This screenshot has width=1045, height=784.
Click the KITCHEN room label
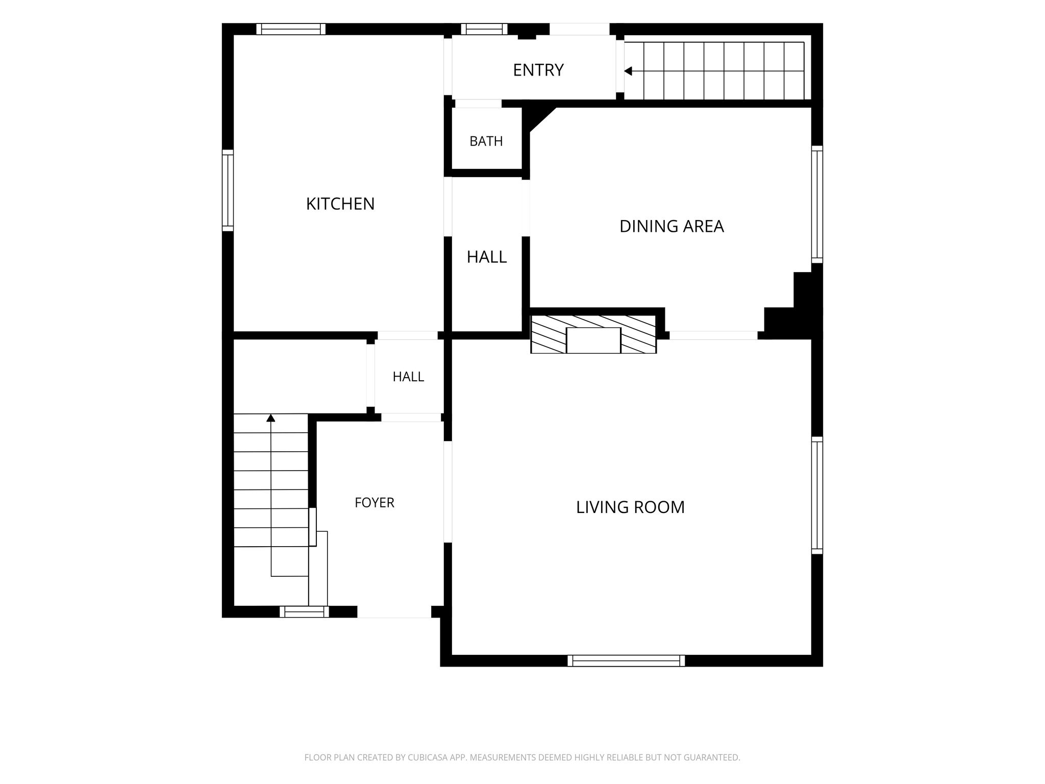click(340, 204)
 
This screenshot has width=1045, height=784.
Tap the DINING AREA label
click(671, 226)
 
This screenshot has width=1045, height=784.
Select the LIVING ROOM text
click(630, 507)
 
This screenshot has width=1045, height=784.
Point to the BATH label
click(486, 141)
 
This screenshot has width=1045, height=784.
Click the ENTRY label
click(538, 70)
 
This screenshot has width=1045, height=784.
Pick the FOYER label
click(375, 503)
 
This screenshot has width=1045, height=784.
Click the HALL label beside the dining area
click(487, 257)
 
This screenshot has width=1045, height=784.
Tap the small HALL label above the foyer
click(408, 377)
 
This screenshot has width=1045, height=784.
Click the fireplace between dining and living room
click(593, 334)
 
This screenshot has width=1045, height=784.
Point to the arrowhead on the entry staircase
click(628, 71)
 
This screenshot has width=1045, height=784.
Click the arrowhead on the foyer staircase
click(271, 418)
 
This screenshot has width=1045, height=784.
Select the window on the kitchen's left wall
click(228, 190)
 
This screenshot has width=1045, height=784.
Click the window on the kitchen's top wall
click(291, 29)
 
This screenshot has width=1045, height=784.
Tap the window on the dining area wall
click(817, 204)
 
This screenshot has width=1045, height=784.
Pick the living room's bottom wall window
click(626, 660)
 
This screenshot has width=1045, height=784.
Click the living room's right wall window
click(817, 495)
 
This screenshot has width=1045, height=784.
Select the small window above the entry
click(484, 29)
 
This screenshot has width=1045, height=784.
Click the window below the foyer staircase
click(304, 611)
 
